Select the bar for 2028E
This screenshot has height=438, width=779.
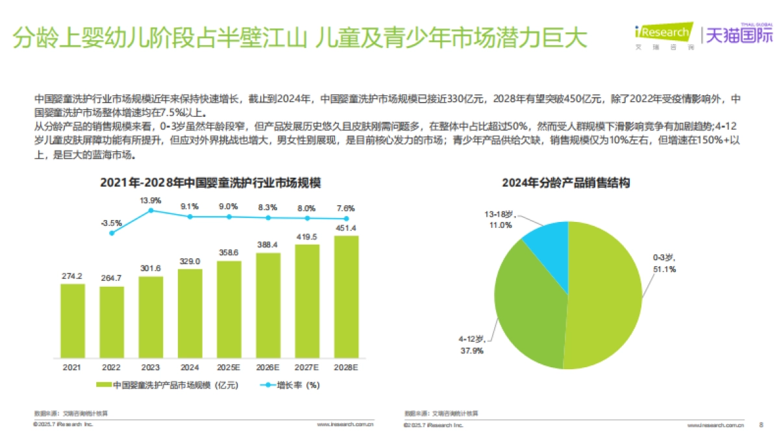point(346,296)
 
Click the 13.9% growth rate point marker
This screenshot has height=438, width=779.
point(151,210)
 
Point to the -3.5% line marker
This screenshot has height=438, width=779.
point(112,232)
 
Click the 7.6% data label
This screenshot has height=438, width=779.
point(346,208)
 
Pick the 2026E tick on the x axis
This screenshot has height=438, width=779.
point(268,367)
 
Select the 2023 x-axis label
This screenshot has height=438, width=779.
point(151,367)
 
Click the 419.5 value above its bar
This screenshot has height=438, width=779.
point(307,237)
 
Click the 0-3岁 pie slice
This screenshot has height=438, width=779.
point(604,298)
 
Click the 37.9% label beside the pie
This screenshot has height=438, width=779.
point(473,350)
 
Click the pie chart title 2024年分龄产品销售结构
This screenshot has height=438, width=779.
point(565,183)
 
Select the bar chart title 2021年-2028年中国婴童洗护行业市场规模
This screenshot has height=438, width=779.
point(210,183)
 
